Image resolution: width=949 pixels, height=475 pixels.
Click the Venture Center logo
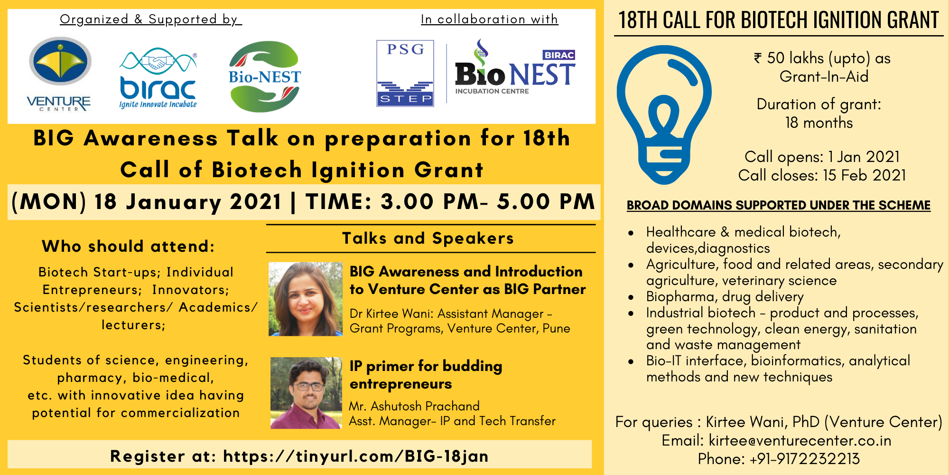click(x=59, y=74)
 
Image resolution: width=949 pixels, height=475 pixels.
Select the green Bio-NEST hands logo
click(x=264, y=76)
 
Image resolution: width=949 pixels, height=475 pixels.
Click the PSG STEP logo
click(x=405, y=73)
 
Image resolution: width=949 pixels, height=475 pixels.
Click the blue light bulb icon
click(x=664, y=114)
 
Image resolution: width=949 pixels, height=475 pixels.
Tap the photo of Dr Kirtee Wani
click(x=306, y=299)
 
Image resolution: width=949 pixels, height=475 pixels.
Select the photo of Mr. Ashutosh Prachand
click(x=306, y=393)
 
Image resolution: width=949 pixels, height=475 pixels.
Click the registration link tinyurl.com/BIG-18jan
click(x=356, y=456)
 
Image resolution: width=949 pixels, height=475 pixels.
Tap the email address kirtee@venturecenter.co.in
click(x=800, y=440)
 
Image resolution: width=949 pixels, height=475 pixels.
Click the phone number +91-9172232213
click(x=805, y=459)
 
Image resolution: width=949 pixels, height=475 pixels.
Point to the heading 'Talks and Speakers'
click(x=428, y=238)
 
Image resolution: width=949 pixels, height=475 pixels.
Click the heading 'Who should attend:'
click(x=128, y=246)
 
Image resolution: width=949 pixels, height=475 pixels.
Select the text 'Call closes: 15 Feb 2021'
click(x=822, y=175)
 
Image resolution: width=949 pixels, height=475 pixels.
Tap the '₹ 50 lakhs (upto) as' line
click(x=822, y=58)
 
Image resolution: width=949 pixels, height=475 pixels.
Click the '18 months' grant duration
click(x=819, y=123)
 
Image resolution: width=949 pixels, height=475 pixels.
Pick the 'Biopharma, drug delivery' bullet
click(x=725, y=297)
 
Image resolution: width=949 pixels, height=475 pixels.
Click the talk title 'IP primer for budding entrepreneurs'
click(x=426, y=375)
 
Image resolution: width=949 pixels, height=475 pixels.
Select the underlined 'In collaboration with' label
click(x=489, y=19)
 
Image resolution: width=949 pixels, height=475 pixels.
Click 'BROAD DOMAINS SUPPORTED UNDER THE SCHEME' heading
click(x=779, y=205)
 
